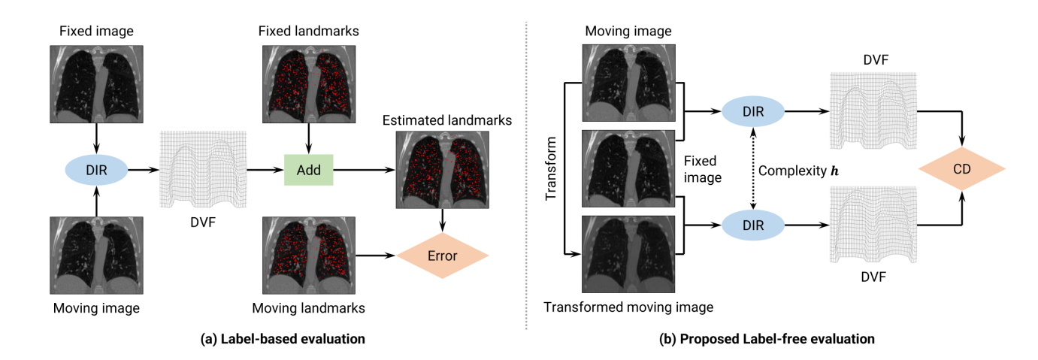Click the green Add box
click(x=309, y=170)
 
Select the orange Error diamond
click(x=442, y=256)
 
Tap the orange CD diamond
click(x=962, y=168)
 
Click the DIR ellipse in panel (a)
click(x=96, y=170)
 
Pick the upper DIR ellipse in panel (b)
click(x=753, y=111)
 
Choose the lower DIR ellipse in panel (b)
click(x=753, y=225)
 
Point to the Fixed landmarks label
click(x=309, y=31)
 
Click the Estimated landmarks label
click(x=447, y=120)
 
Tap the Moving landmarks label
click(x=309, y=308)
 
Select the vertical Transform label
click(x=550, y=168)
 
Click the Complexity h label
click(x=798, y=171)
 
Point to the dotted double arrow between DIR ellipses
click(x=753, y=168)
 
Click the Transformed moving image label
click(x=628, y=307)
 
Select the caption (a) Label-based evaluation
click(x=283, y=339)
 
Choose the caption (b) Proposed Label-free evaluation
click(x=767, y=339)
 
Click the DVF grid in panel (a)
click(x=203, y=169)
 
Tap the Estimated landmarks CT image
click(x=443, y=170)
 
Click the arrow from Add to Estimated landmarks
click(x=365, y=170)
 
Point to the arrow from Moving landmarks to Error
click(x=376, y=256)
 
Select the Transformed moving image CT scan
click(x=628, y=254)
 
